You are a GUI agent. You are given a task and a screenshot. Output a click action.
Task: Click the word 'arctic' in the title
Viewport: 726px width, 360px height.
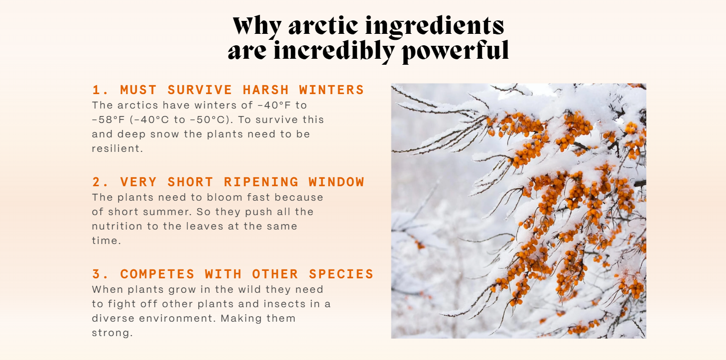(323, 26)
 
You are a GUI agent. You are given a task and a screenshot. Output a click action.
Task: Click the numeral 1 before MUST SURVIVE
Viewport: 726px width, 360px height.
(96, 90)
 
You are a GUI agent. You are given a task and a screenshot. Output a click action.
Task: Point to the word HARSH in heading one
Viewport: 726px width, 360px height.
(265, 90)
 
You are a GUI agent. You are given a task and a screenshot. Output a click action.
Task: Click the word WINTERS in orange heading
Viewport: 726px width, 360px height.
(332, 90)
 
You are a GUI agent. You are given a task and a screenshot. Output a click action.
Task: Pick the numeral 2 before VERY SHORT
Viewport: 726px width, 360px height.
(96, 182)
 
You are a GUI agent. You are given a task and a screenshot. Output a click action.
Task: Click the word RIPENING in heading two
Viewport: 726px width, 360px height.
(261, 182)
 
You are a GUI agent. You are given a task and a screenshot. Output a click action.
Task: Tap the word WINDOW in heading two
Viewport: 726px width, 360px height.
(337, 182)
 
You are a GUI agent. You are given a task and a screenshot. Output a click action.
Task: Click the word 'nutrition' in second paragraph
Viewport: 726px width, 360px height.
(117, 226)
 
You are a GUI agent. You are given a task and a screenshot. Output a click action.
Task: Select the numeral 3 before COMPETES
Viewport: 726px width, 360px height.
(96, 274)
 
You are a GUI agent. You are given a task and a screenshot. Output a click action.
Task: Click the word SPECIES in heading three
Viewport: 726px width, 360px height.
(341, 274)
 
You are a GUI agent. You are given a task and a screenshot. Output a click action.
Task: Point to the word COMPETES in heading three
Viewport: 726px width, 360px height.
(157, 274)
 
